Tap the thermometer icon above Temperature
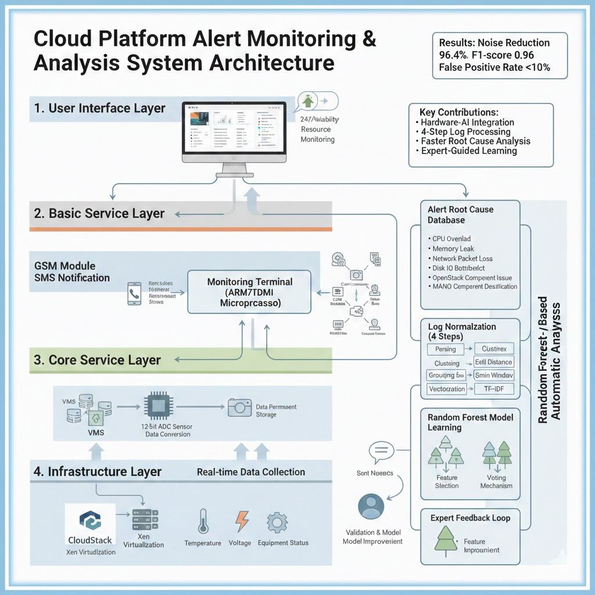(203, 521)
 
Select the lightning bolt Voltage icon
(242, 521)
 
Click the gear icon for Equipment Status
(277, 521)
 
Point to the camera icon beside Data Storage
(239, 407)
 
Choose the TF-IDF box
(494, 389)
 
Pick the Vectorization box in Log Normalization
(447, 389)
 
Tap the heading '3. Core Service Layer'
(97, 360)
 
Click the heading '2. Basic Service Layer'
(99, 213)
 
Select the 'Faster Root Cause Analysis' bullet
(475, 141)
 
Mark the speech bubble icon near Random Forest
(381, 450)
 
